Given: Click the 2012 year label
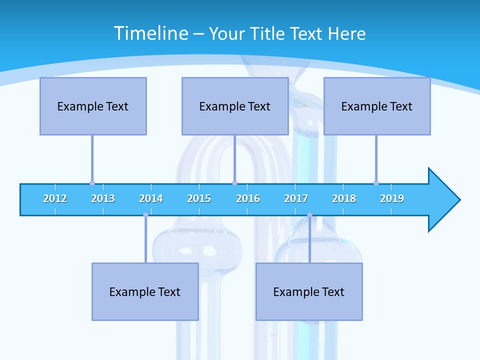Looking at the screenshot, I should click(x=55, y=198).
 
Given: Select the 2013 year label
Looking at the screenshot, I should click(x=103, y=198).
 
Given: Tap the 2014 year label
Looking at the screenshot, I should click(x=151, y=198).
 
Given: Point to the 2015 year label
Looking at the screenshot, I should click(x=199, y=198).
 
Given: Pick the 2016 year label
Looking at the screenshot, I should click(x=248, y=198).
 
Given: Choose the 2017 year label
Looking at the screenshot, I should click(x=296, y=198).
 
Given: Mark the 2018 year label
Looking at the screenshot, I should click(x=344, y=198).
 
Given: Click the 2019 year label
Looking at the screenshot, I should click(x=392, y=198).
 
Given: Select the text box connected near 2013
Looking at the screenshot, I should click(x=93, y=106).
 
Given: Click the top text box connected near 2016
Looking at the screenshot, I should click(x=235, y=106).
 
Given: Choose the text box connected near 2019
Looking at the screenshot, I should click(x=377, y=106).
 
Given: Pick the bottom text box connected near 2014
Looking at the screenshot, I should click(x=145, y=291).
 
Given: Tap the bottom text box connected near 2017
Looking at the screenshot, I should click(x=309, y=291).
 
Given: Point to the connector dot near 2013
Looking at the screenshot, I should click(x=92, y=183).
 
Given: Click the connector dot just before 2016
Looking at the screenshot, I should click(x=234, y=183).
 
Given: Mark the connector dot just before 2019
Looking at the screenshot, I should click(x=376, y=183).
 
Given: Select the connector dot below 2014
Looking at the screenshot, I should click(x=145, y=215).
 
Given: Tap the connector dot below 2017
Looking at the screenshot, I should click(x=309, y=215).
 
